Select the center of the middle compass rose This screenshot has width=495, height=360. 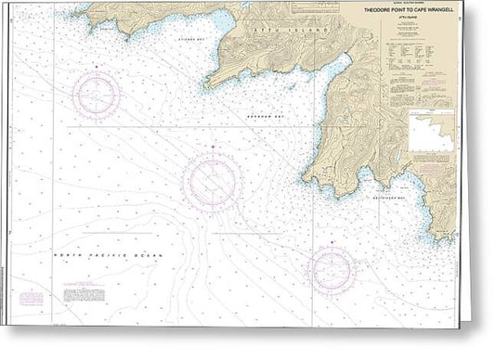(x=212, y=177)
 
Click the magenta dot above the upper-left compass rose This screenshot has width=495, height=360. (x=98, y=66)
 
